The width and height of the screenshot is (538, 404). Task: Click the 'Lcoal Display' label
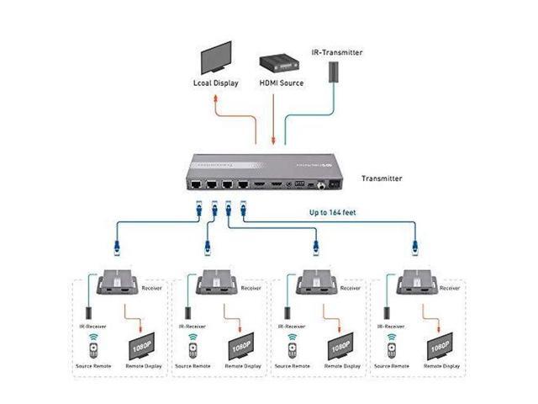pyautogui.click(x=215, y=83)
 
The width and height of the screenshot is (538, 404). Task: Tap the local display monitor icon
pyautogui.click(x=214, y=59)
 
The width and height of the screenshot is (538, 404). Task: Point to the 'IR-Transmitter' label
pyautogui.click(x=337, y=52)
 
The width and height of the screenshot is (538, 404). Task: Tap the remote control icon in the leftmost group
pyautogui.click(x=93, y=345)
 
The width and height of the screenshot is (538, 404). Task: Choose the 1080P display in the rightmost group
pyautogui.click(x=437, y=346)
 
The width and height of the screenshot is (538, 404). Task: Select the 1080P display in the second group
pyautogui.click(x=238, y=346)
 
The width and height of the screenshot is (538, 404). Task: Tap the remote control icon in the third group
pyautogui.click(x=292, y=345)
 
